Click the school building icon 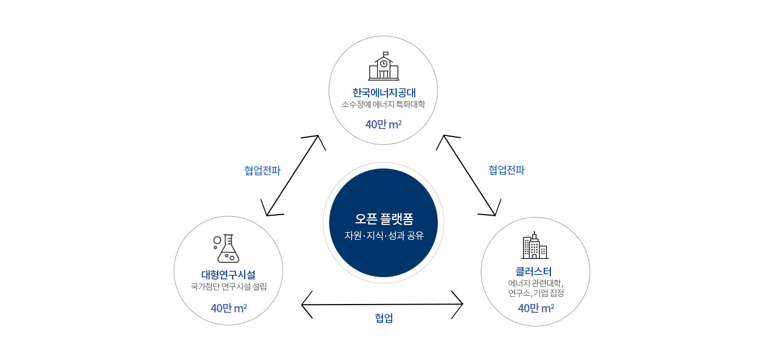(x=383, y=66)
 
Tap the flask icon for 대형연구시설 (x=226, y=249)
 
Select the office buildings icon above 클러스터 (x=534, y=246)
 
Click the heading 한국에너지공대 (x=383, y=92)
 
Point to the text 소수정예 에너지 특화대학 (x=383, y=104)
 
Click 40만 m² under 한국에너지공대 (x=383, y=125)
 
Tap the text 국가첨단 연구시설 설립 (x=228, y=286)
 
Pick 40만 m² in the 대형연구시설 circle (x=228, y=308)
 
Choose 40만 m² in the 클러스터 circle (x=535, y=308)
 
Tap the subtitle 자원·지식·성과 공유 (x=383, y=235)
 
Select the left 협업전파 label (x=262, y=171)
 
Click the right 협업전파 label (x=506, y=170)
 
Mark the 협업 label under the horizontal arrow (x=383, y=318)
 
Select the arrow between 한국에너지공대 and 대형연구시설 (x=292, y=176)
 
